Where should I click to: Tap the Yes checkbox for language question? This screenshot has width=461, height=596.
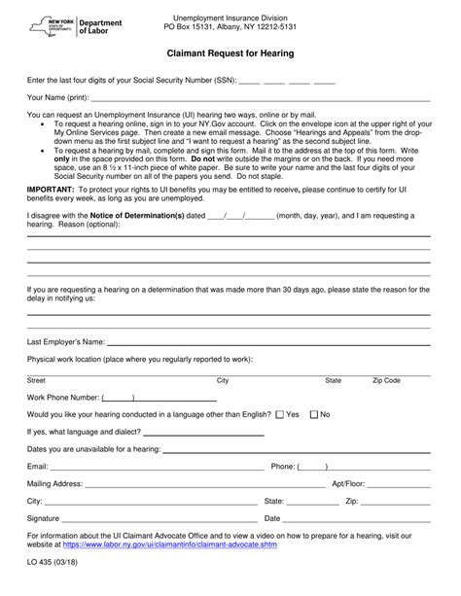pos(280,414)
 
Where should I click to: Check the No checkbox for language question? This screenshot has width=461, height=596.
pos(313,414)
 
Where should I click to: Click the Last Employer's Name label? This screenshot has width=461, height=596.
pos(65,342)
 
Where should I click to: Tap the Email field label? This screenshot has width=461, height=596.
pos(38,467)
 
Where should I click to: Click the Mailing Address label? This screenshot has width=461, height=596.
pos(54,483)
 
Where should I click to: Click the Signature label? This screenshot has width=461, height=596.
pos(45,518)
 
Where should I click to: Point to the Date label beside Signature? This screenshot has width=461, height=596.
pos(272,518)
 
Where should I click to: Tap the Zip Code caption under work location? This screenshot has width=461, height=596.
pos(386,380)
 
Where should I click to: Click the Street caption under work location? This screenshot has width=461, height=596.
pos(36,380)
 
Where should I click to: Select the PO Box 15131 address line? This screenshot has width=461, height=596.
pos(230,28)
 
